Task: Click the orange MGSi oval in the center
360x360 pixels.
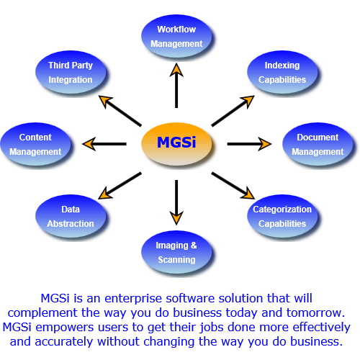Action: [176, 143]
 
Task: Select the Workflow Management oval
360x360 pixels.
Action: [176, 37]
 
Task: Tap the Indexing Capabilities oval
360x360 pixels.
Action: [282, 72]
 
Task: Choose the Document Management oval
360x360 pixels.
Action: [317, 144]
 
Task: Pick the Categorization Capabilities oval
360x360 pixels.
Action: [282, 216]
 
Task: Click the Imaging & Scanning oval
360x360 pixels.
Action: [176, 252]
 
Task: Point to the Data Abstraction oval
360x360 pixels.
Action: [71, 216]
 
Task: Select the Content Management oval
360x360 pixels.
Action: [35, 144]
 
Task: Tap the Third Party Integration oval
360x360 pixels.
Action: [71, 72]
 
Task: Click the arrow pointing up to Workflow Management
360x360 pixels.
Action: [176, 70]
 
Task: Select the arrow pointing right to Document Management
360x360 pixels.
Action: [265, 144]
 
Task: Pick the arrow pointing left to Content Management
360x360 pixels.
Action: [89, 144]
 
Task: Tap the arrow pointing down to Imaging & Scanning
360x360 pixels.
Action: [176, 218]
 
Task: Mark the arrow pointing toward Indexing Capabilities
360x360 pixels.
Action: [248, 100]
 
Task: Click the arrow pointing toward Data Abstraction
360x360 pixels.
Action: [105, 194]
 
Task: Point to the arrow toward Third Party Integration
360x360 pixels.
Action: [105, 100]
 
